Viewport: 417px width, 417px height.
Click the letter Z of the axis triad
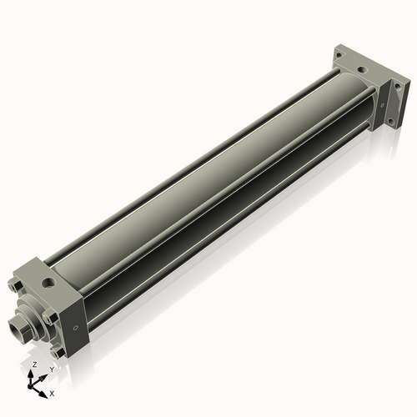[x=34, y=365]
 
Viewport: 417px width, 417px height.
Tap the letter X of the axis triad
[x=52, y=392]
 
